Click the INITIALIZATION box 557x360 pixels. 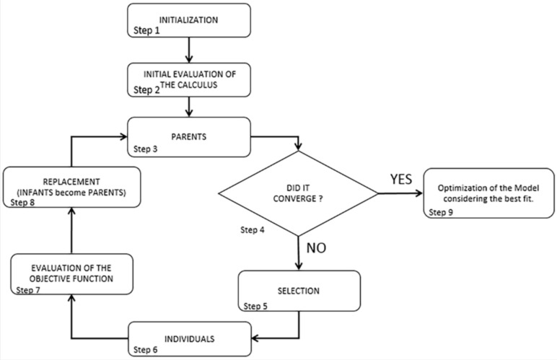[x=189, y=19]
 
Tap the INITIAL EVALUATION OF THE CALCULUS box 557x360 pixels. [x=189, y=79]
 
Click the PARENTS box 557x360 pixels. [x=189, y=136]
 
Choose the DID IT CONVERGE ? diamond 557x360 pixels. [x=299, y=193]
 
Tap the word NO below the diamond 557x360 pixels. [x=317, y=250]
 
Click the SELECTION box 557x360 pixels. [x=299, y=290]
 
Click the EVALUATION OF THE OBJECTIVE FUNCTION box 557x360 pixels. [x=72, y=273]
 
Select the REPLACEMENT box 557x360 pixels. [x=72, y=188]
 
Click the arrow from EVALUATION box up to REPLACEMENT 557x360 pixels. [x=72, y=231]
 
